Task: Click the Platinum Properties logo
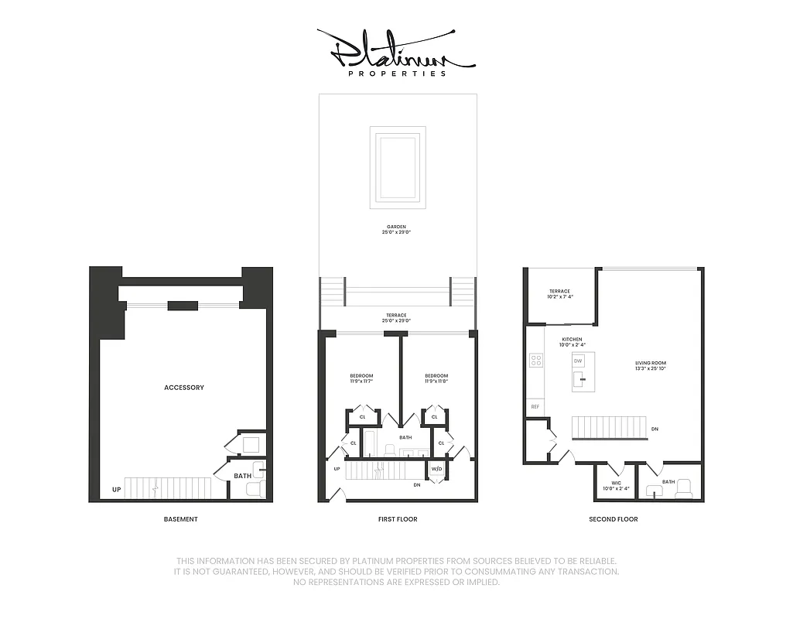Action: click(x=396, y=53)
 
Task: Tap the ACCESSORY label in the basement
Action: click(x=184, y=387)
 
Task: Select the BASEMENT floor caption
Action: click(x=180, y=519)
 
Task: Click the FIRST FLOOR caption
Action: click(x=397, y=519)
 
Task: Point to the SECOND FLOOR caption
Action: click(x=614, y=519)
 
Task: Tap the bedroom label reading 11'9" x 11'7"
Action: click(x=361, y=379)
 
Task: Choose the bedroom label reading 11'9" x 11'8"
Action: click(x=436, y=379)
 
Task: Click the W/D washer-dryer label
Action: click(x=436, y=469)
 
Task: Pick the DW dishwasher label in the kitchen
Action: click(x=578, y=361)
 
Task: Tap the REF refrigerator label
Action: click(x=535, y=406)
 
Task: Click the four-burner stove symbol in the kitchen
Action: click(x=535, y=360)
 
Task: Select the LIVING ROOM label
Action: click(x=650, y=365)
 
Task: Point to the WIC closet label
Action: click(x=616, y=485)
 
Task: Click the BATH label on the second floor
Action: click(x=668, y=481)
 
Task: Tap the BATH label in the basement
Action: click(x=242, y=476)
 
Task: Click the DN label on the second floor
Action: click(x=655, y=429)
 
